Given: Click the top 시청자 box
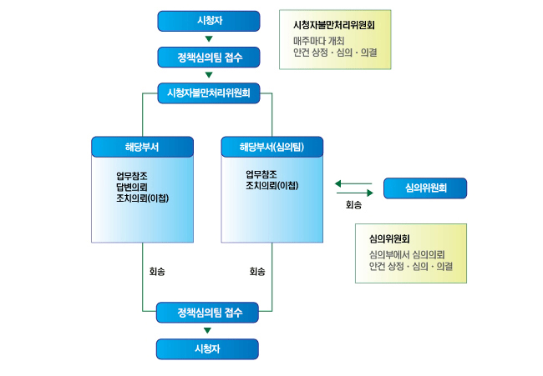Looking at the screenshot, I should (x=209, y=21).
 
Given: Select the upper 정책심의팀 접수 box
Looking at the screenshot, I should (x=209, y=58).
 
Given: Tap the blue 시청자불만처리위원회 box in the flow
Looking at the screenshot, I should (x=209, y=93).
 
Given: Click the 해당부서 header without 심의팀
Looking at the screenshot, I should (x=142, y=147).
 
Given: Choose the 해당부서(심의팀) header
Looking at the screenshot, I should (x=271, y=147).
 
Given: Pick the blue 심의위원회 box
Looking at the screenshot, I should (x=425, y=188).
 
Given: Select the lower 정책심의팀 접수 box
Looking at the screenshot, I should (x=209, y=313).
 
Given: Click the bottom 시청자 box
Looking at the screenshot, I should (x=209, y=348).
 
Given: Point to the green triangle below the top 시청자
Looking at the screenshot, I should (x=209, y=39).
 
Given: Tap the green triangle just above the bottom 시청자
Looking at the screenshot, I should (x=209, y=331).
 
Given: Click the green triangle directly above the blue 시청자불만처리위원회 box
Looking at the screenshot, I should (x=209, y=75).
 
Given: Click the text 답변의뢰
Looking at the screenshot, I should (x=132, y=187).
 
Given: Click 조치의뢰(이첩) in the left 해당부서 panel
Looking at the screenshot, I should (x=143, y=198).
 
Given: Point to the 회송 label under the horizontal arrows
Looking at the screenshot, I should (x=354, y=203).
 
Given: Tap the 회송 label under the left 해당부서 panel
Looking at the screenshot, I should (x=157, y=272).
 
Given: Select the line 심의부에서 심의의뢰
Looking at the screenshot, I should (x=406, y=253).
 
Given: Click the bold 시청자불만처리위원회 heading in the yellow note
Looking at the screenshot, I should (x=334, y=25).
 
